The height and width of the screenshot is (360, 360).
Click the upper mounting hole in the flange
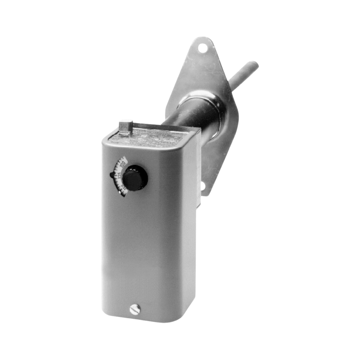click(x=202, y=47)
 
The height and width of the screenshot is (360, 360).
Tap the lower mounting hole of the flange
click(x=203, y=187)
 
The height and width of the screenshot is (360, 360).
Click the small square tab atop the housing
click(x=125, y=127)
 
